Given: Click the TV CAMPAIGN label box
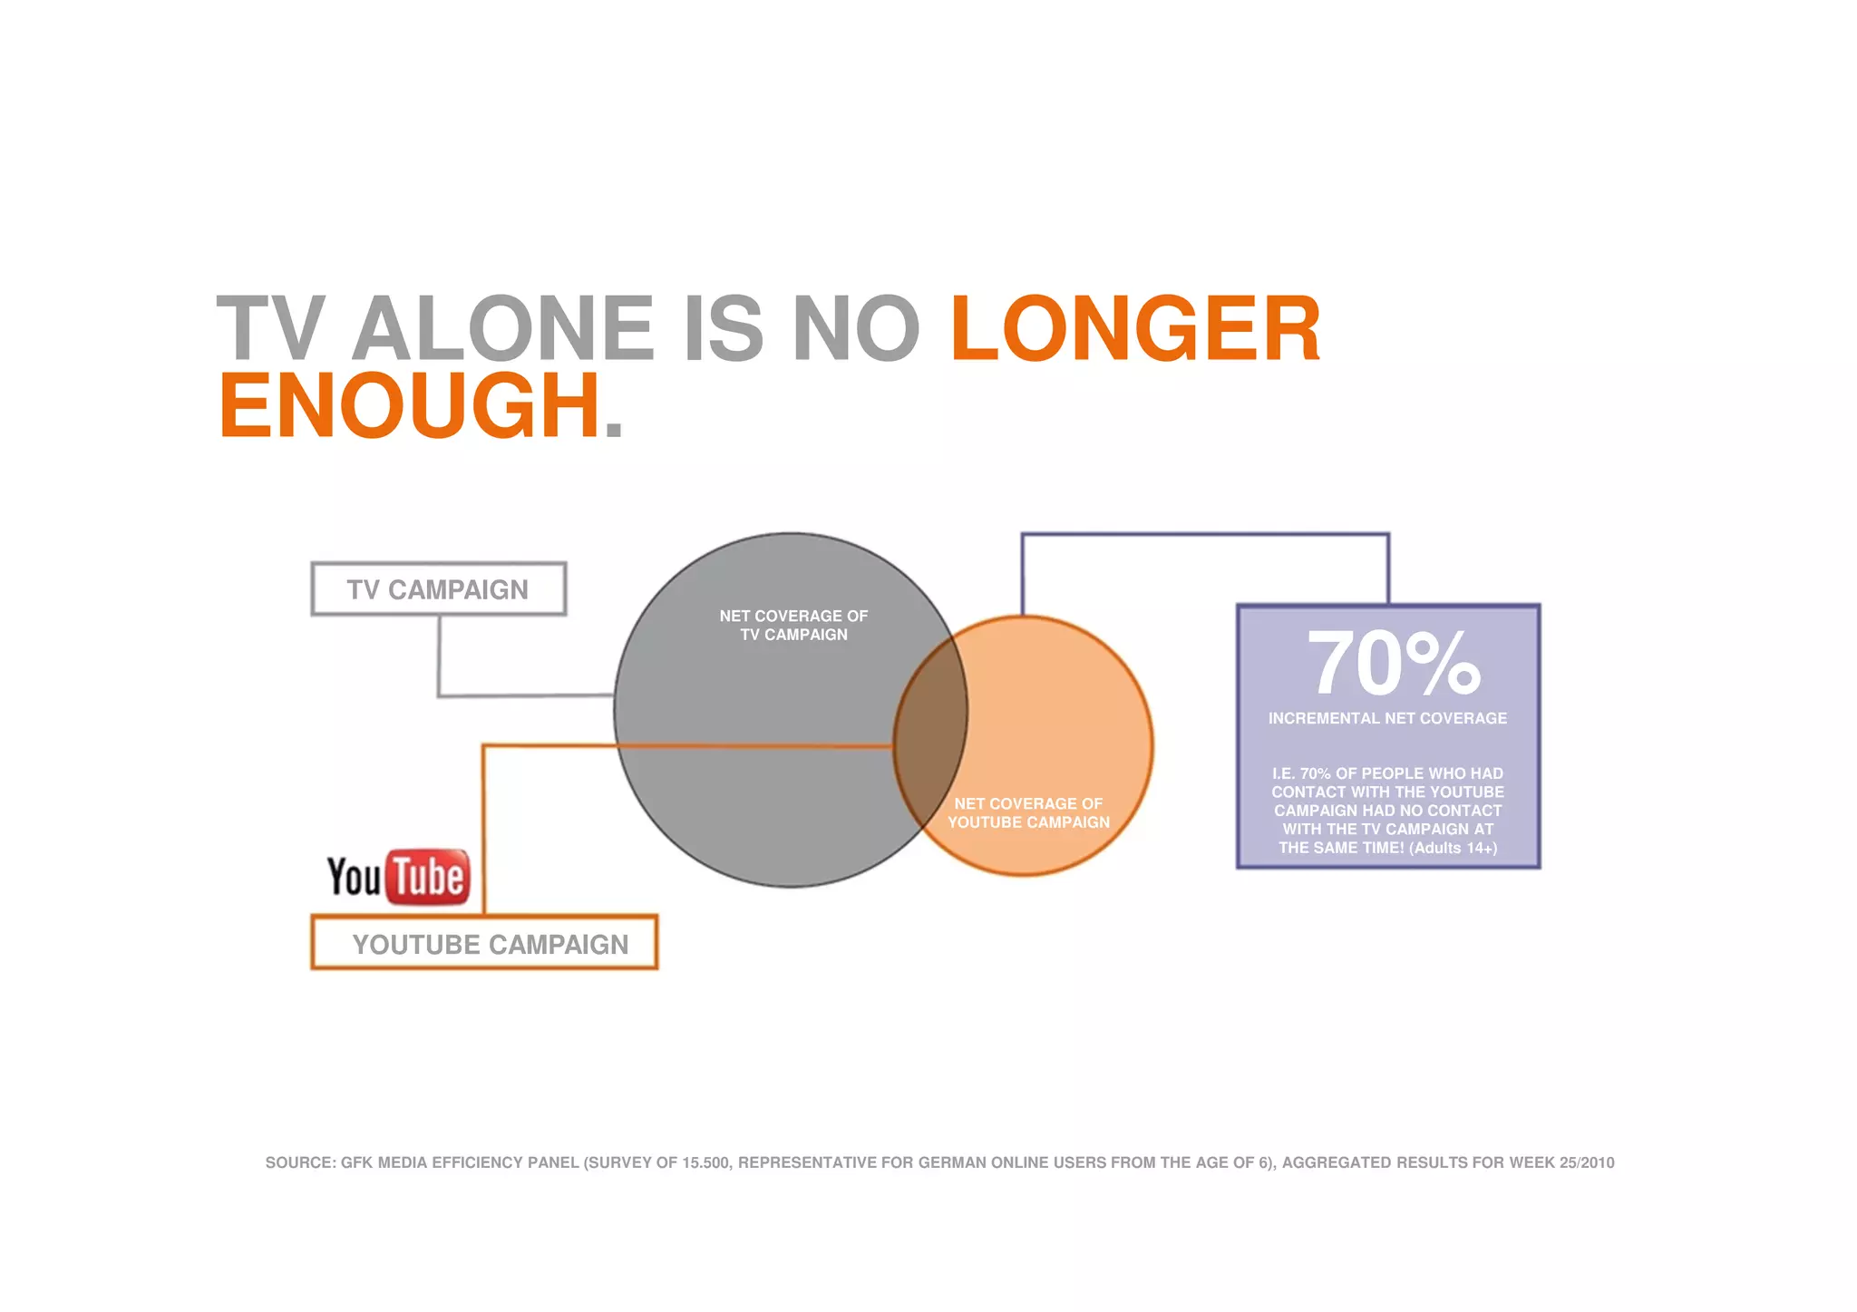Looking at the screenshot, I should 438,589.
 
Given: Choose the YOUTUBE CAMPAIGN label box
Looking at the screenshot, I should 484,943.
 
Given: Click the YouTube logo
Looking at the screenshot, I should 398,877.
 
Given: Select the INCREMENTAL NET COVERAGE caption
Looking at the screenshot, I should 1387,718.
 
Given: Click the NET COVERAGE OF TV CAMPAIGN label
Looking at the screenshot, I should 793,625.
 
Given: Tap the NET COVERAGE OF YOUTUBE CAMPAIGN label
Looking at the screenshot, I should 1028,812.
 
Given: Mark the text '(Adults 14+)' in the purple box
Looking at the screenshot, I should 1453,848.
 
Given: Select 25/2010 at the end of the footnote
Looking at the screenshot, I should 1587,1162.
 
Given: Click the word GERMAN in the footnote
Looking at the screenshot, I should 952,1162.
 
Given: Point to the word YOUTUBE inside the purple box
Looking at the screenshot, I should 1466,792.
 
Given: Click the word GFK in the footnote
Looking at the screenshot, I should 356,1162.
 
